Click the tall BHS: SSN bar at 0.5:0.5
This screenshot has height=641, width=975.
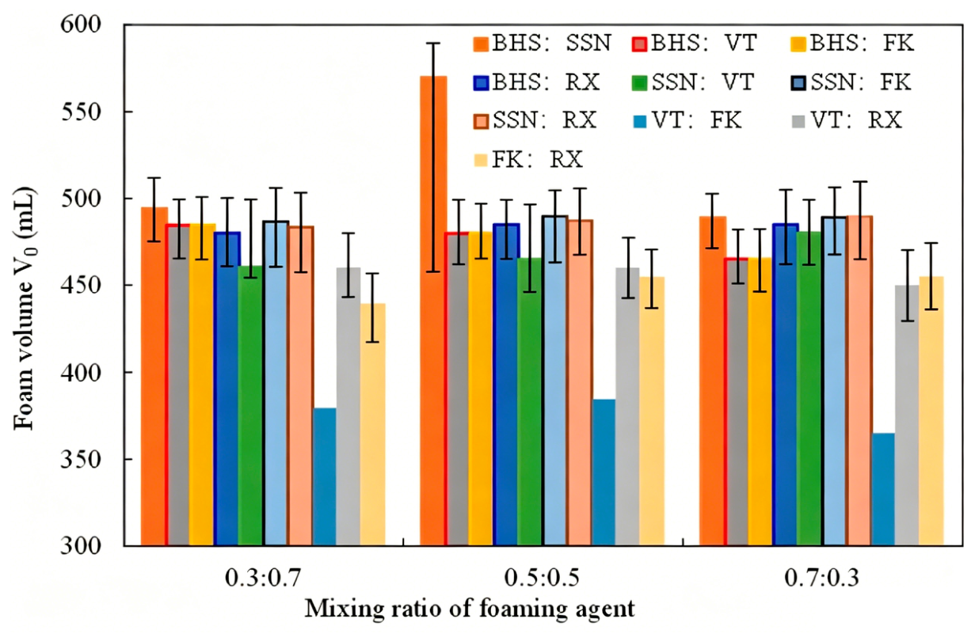(x=433, y=310)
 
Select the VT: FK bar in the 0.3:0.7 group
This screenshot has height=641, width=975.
(x=325, y=476)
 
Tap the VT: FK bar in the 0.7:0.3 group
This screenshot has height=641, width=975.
(x=883, y=489)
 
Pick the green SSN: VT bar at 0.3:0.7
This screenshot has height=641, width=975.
(x=251, y=405)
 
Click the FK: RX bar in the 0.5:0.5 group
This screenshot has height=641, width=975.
(x=652, y=411)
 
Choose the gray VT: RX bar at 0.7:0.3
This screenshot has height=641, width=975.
(x=907, y=415)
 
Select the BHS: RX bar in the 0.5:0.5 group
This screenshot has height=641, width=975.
(x=507, y=385)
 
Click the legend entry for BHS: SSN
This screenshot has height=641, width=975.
(x=543, y=44)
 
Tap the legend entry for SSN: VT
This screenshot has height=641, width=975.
(x=693, y=82)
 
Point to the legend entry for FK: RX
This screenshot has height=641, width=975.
(x=528, y=160)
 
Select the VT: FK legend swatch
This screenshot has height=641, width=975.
(x=639, y=121)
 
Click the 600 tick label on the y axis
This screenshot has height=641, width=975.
(x=81, y=25)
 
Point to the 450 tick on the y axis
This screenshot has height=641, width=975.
(x=81, y=285)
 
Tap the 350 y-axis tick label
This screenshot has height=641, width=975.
(x=81, y=459)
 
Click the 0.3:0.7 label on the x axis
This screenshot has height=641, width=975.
(x=262, y=578)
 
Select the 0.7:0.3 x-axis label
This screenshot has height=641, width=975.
(x=822, y=578)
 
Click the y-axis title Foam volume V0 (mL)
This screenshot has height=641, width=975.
(x=25, y=309)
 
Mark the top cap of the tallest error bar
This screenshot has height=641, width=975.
(x=433, y=44)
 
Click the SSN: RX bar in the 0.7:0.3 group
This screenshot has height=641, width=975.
(x=860, y=381)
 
